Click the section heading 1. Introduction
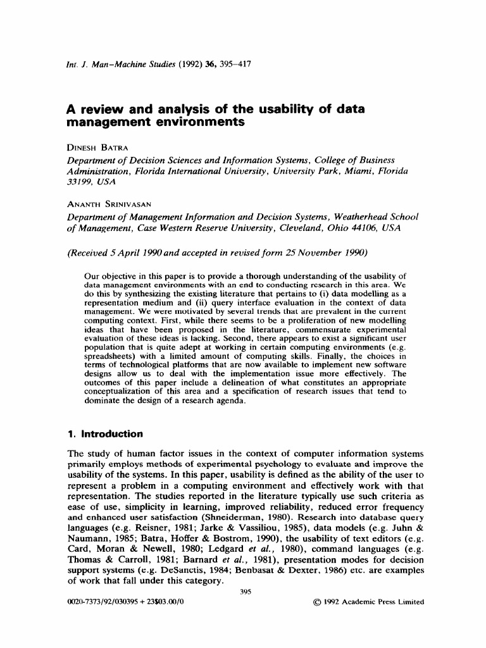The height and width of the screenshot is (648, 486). [105, 434]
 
